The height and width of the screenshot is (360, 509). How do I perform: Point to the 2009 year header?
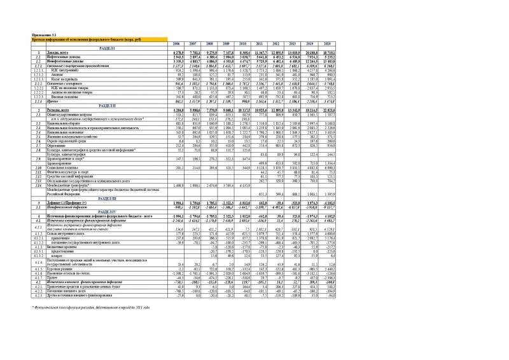coord(220,43)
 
